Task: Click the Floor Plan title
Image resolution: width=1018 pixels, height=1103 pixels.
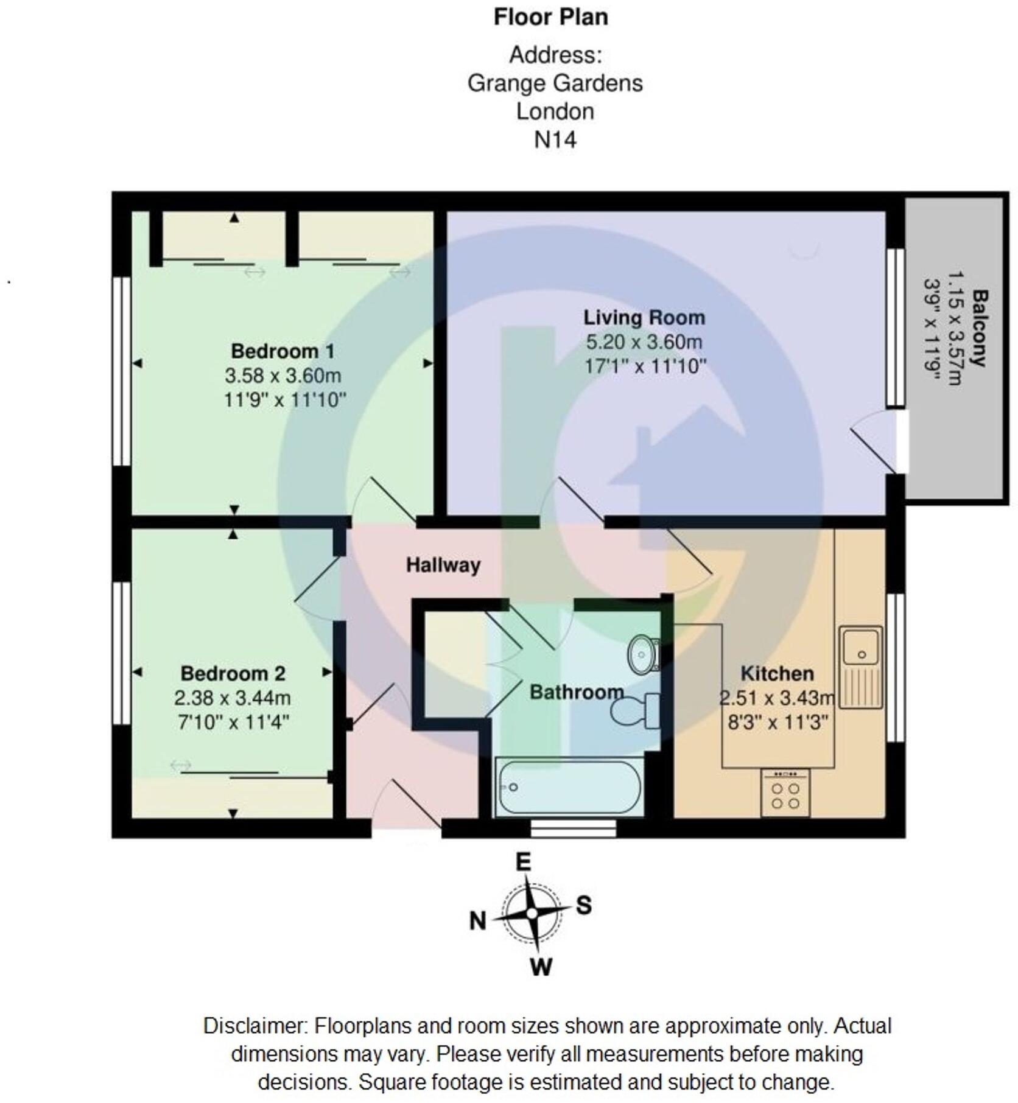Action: pos(550,17)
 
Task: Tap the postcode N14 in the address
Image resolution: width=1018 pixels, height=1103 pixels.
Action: pos(555,140)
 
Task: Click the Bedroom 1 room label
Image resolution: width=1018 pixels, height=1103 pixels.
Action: pos(283,351)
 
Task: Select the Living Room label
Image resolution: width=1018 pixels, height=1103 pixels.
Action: pos(644,317)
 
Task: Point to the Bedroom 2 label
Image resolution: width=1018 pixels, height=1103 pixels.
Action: pos(233,673)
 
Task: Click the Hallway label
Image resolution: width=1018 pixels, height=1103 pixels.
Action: pos(443,565)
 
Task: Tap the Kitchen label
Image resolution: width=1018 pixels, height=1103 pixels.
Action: pos(777,673)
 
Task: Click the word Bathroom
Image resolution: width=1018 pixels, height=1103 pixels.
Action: pos(576,692)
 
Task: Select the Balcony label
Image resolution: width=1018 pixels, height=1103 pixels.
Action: pos(980,328)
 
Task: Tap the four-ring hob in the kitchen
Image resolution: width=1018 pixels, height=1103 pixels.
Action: pos(785,794)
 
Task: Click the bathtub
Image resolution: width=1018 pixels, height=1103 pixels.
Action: pos(569,787)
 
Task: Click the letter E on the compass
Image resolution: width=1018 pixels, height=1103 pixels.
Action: pos(523,863)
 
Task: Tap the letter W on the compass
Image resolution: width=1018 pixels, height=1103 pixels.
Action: pos(541,967)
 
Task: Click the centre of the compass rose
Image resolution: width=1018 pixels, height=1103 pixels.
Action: pos(532,913)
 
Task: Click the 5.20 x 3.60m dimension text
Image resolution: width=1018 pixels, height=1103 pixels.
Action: pos(644,342)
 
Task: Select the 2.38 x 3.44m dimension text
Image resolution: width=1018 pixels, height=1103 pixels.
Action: pos(233,698)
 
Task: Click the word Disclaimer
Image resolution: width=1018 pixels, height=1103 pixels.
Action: pos(254,1026)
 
